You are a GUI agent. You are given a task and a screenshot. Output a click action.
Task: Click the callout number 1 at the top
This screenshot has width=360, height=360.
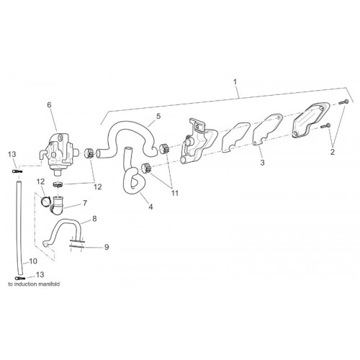click(235, 82)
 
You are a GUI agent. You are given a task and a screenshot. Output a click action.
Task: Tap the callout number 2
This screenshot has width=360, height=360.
click(333, 152)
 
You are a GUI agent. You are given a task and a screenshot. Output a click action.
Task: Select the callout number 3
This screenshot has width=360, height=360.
click(262, 163)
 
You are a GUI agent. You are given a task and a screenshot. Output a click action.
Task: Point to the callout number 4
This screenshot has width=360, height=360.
click(150, 207)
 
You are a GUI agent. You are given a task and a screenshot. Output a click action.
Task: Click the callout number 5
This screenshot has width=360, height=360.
click(158, 117)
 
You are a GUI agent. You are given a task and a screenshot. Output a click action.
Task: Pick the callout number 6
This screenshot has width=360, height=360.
click(49, 105)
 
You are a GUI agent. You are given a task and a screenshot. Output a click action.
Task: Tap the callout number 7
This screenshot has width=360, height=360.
click(84, 203)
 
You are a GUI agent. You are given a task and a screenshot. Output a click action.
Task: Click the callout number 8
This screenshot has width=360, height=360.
click(94, 219)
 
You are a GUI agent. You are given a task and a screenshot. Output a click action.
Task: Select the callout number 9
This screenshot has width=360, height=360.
click(107, 247)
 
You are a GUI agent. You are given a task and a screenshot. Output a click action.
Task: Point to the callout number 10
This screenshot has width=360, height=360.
click(33, 261)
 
